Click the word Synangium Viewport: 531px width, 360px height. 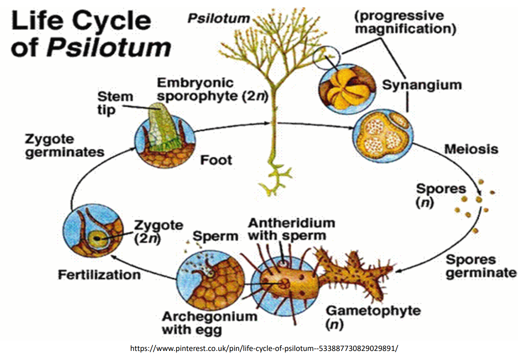coord(422,85)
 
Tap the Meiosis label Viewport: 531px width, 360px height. coord(471,149)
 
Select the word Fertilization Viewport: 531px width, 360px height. coord(99,275)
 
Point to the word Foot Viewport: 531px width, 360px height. coord(216,160)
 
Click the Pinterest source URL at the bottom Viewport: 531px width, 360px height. coord(264,348)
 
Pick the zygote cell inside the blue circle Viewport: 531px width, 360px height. coord(97,238)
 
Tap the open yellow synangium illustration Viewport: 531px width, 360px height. coord(347,89)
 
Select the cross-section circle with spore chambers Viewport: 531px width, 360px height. coord(383,136)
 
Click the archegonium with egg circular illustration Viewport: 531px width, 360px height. coord(210,280)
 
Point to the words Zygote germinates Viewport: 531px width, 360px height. coord(65,145)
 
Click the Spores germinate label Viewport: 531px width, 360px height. coord(481,266)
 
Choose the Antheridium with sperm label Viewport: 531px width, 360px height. coord(292,229)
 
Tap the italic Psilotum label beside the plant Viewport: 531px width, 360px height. coord(219,18)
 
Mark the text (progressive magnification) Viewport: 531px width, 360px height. coord(405,22)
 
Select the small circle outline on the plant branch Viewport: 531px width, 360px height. coord(326,58)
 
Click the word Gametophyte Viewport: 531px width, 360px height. coord(374,311)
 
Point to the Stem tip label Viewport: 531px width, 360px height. coord(115,104)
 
